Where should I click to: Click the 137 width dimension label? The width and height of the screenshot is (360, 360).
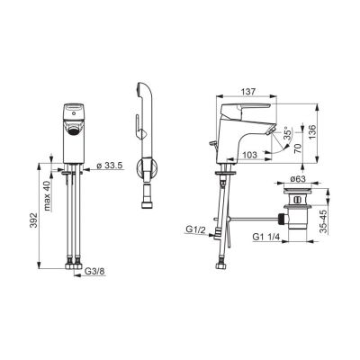pyautogui.click(x=248, y=92)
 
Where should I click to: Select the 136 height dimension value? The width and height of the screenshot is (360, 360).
pyautogui.click(x=312, y=131)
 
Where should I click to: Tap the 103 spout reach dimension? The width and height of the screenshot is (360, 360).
pyautogui.click(x=249, y=155)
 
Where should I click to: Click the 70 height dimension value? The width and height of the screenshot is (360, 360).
pyautogui.click(x=297, y=148)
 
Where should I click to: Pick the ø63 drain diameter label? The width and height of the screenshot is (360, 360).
pyautogui.click(x=298, y=179)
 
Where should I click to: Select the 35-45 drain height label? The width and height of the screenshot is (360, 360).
pyautogui.click(x=323, y=221)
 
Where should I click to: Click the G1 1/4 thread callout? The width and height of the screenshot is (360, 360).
pyautogui.click(x=266, y=237)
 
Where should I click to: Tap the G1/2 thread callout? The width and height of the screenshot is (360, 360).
pyautogui.click(x=195, y=229)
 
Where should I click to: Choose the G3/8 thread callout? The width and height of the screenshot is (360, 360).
pyautogui.click(x=94, y=272)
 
